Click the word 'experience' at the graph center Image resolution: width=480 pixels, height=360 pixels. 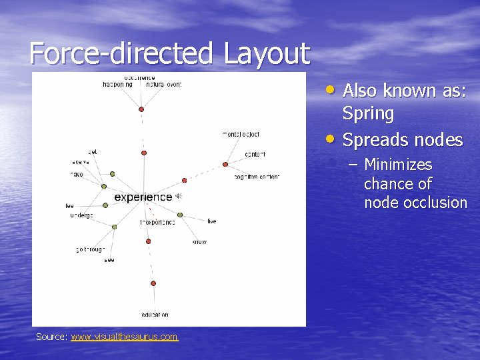click(143, 197)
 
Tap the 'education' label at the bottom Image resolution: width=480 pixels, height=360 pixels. click(155, 315)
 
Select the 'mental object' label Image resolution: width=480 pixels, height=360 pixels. click(241, 135)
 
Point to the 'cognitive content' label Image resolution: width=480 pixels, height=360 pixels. click(257, 177)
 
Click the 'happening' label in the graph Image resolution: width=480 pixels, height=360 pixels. click(117, 85)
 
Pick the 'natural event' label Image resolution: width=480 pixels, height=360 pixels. click(163, 85)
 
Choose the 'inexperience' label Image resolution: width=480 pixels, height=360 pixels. click(157, 222)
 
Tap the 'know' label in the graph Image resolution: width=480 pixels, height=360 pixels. click(199, 241)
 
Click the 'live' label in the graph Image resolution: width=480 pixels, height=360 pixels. click(211, 221)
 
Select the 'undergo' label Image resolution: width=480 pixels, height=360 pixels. click(81, 216)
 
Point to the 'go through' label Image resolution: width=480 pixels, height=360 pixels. click(90, 249)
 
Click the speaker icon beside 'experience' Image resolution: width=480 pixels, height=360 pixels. click(178, 196)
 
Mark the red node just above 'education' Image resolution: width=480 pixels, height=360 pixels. click(153, 283)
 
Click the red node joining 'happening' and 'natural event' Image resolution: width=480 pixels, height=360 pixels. click(141, 109)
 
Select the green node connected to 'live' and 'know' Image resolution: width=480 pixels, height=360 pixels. click(180, 215)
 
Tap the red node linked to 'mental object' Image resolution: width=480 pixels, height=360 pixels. click(225, 164)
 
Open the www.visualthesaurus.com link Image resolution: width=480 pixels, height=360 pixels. click(124, 337)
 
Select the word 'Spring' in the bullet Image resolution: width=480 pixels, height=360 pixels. click(368, 114)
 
